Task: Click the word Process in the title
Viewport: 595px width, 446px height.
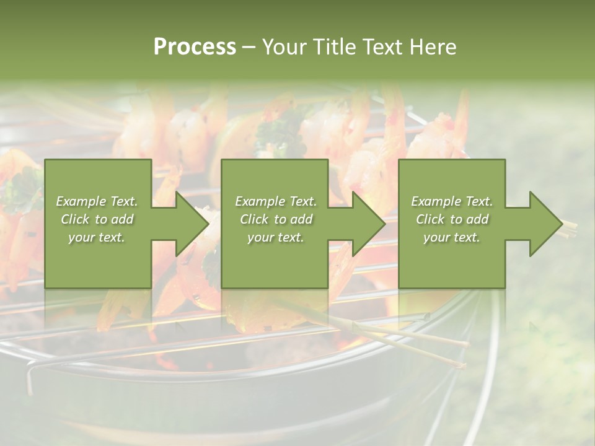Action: point(195,46)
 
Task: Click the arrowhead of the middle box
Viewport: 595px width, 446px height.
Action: point(368,224)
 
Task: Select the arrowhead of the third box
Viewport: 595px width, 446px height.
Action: point(544,224)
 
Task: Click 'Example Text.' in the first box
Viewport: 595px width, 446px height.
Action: point(97,201)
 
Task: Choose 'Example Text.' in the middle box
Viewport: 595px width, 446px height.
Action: point(276,201)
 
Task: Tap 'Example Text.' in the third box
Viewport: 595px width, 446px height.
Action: point(452,201)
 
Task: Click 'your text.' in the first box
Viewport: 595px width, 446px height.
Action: point(97,237)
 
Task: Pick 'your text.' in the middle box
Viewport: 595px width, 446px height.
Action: point(276,237)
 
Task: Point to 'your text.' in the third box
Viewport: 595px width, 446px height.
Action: point(452,237)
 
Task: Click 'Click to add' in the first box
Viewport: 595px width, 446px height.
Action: point(97,219)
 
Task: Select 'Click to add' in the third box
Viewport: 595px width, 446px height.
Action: point(452,219)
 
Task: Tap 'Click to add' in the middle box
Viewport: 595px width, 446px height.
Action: point(276,219)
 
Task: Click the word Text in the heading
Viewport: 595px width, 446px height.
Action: point(384,46)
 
